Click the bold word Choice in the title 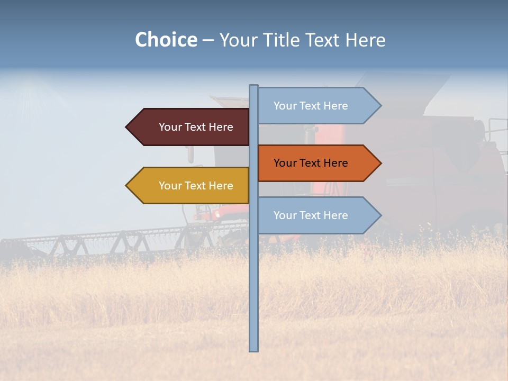(166, 40)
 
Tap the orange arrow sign (317, 163)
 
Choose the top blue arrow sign (317, 106)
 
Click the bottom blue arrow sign (317, 215)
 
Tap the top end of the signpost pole (253, 86)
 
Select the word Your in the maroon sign (170, 127)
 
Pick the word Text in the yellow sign (195, 186)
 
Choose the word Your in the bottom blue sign (285, 215)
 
